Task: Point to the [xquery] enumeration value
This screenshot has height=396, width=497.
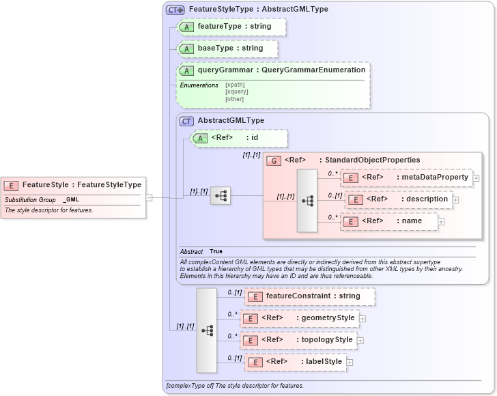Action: point(237,91)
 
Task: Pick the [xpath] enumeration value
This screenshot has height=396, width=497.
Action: point(235,85)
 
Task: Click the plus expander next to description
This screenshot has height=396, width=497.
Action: point(455,200)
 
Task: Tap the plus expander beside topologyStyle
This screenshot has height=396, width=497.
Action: point(360,340)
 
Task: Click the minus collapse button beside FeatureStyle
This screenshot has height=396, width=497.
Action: point(150,197)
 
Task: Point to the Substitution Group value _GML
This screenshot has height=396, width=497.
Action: point(72,199)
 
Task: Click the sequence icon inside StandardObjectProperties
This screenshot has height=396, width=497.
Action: point(307,201)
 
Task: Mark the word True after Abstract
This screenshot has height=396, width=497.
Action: point(216,251)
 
